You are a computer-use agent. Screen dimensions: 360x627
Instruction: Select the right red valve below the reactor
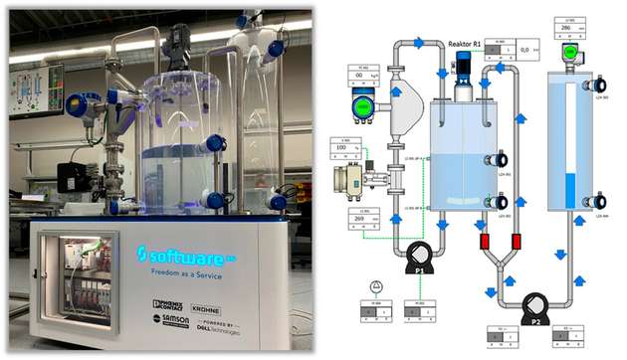(x=517, y=241)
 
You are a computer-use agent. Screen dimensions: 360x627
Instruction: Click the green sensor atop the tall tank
(x=571, y=53)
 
